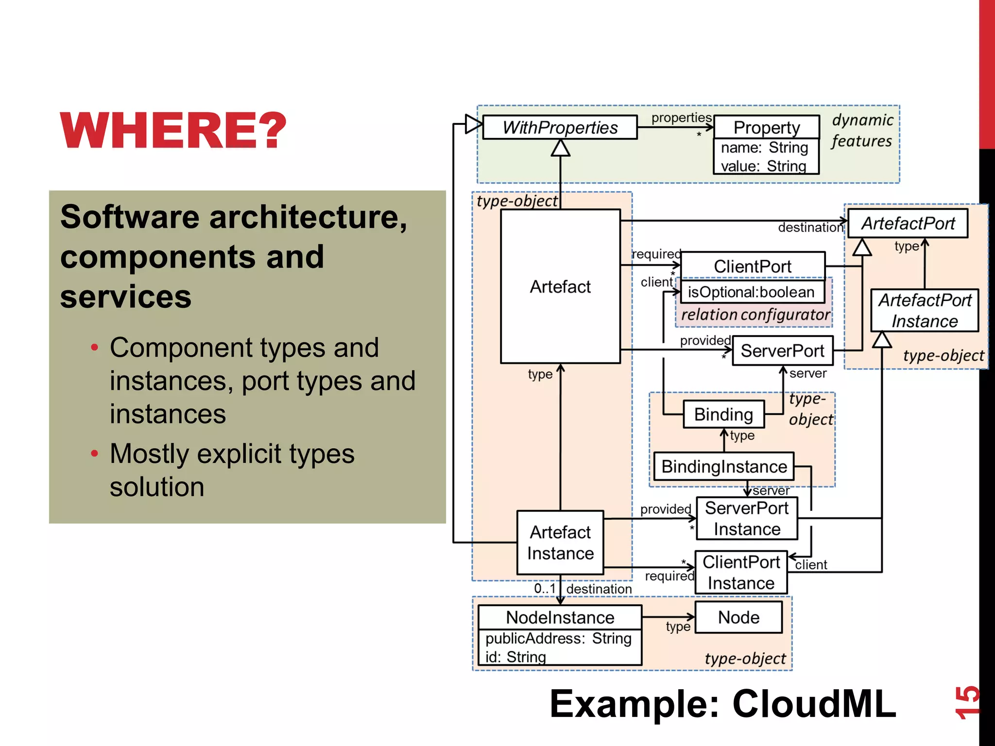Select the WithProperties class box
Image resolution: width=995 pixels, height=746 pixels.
tap(560, 127)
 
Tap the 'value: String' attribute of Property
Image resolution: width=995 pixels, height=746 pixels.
tap(763, 166)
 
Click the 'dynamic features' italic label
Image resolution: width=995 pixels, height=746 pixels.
tap(862, 130)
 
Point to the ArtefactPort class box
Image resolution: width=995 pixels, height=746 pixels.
tap(908, 223)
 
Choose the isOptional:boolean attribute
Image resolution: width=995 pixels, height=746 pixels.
tap(751, 292)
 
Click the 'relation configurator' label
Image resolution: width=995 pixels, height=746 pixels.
tap(755, 315)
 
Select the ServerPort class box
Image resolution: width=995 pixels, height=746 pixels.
tap(782, 351)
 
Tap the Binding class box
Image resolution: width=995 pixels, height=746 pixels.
tap(723, 414)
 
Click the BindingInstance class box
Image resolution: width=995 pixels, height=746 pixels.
tap(724, 466)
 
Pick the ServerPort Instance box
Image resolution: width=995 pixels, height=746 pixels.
tap(747, 518)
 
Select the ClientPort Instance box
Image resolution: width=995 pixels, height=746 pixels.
tap(741, 572)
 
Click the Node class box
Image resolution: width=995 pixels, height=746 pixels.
tap(738, 617)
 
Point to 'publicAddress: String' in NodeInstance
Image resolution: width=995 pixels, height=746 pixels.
tap(558, 638)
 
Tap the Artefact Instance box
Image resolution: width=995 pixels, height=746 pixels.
tap(560, 543)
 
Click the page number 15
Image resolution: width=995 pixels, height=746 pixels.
tap(966, 702)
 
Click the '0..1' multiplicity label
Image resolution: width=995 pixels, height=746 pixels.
tap(545, 588)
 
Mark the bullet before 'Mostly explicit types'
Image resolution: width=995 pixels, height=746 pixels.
tap(95, 454)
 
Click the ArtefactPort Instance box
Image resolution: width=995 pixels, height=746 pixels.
tap(924, 310)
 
